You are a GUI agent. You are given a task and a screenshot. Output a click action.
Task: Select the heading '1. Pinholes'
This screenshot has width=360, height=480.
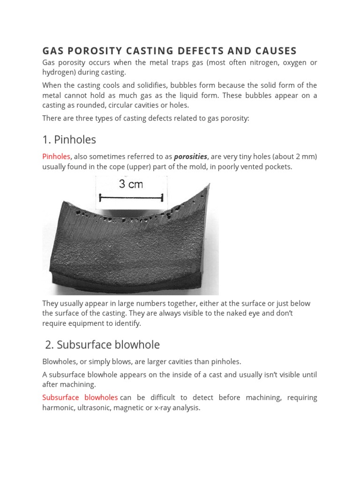click(x=69, y=139)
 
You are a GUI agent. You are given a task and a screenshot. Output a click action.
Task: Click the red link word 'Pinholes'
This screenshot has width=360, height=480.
click(x=56, y=157)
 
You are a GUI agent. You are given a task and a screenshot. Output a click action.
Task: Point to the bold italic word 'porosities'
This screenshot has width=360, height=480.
click(x=190, y=157)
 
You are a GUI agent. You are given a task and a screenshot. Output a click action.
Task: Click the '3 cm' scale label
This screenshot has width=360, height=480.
click(x=131, y=184)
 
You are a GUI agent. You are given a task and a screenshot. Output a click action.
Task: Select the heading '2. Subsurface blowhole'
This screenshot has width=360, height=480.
click(x=102, y=345)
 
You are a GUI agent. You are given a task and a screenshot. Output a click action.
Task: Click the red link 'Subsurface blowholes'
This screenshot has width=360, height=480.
click(x=80, y=397)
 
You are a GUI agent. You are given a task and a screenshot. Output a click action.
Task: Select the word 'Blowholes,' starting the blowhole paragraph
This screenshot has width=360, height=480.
click(x=59, y=361)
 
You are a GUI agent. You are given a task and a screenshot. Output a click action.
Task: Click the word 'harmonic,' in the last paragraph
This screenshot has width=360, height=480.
click(x=58, y=408)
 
